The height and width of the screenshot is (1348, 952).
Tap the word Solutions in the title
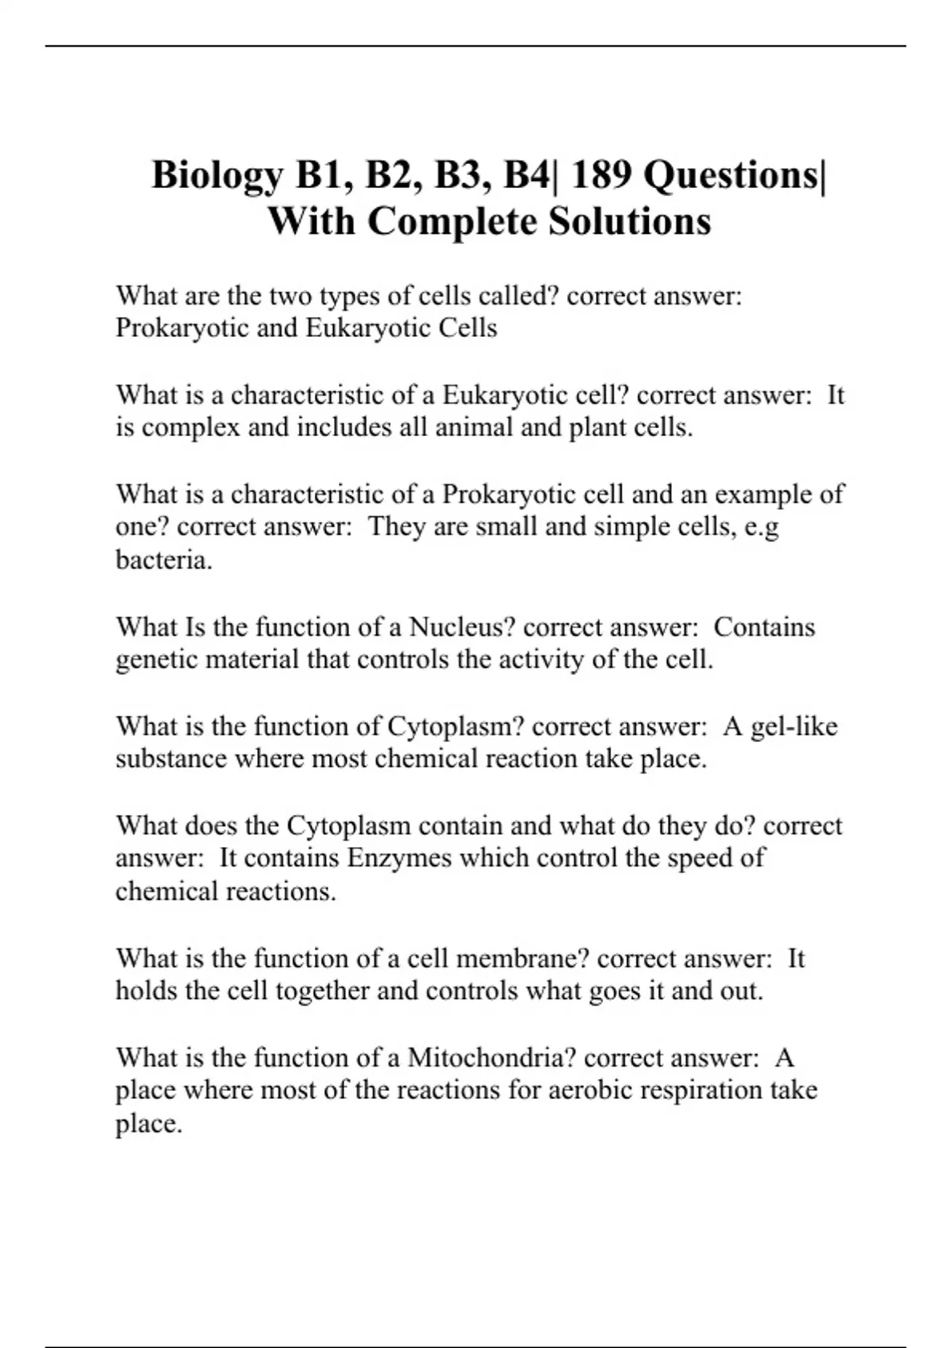tap(629, 221)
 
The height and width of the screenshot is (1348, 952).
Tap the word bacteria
tap(163, 560)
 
